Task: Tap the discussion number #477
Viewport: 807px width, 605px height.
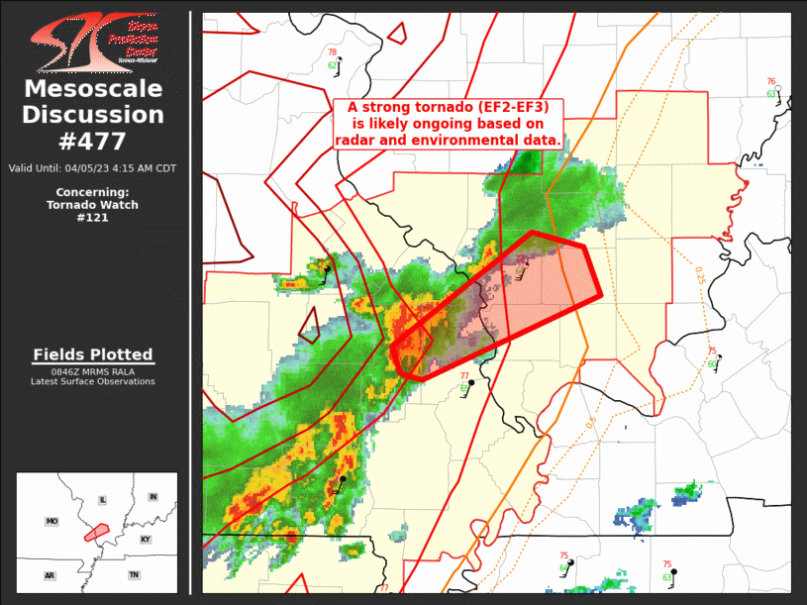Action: (x=93, y=142)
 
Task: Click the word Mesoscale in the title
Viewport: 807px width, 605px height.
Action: (x=93, y=89)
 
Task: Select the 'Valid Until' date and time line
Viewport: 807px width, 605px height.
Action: (x=92, y=167)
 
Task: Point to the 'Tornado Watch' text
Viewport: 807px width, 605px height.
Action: (x=92, y=205)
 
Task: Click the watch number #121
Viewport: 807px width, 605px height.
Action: (x=92, y=217)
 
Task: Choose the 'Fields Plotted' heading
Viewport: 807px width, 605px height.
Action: (x=93, y=354)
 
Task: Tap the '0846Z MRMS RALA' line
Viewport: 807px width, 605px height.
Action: (x=93, y=371)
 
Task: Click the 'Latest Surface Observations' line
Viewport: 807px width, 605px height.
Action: (x=93, y=381)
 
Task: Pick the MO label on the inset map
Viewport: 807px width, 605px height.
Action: (x=51, y=521)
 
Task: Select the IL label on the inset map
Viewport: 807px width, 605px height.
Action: (x=102, y=501)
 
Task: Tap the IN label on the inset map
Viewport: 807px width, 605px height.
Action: (x=152, y=496)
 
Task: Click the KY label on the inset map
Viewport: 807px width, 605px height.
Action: (x=147, y=540)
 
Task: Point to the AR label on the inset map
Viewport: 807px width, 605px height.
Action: (x=50, y=575)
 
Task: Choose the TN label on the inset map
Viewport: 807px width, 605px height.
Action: (x=134, y=574)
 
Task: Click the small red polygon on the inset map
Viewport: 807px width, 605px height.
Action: (x=96, y=533)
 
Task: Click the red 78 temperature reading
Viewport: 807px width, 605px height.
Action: (x=333, y=52)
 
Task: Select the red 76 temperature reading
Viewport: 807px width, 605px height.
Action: (x=771, y=82)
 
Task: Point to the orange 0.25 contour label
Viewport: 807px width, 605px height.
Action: (x=700, y=276)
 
